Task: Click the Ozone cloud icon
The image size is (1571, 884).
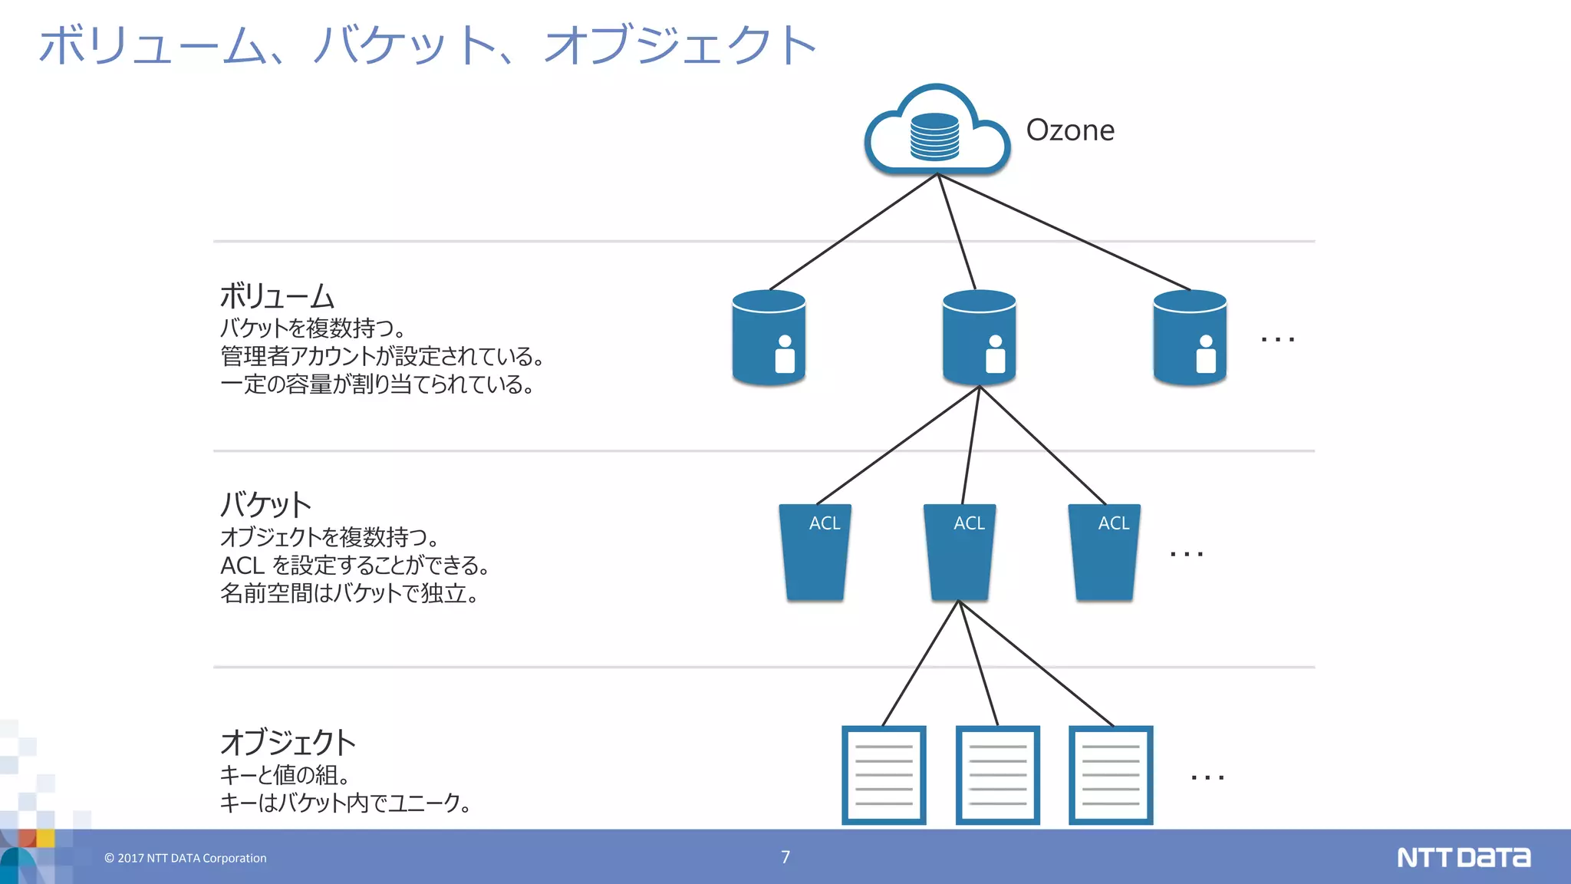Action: click(937, 130)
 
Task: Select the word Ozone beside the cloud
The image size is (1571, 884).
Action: click(1070, 130)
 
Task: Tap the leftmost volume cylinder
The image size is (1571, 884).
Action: click(769, 337)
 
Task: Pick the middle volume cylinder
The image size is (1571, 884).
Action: click(979, 337)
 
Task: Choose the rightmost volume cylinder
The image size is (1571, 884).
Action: click(1190, 337)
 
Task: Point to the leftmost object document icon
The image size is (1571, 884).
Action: click(884, 775)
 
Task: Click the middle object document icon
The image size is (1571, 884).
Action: click(997, 775)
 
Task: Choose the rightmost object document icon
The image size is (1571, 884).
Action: click(1111, 775)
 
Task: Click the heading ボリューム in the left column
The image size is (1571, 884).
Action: click(277, 296)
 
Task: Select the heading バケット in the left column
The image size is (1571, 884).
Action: click(265, 505)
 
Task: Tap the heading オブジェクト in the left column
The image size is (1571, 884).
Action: click(288, 743)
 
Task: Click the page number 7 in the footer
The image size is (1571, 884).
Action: click(785, 857)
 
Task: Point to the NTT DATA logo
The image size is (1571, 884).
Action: click(1463, 857)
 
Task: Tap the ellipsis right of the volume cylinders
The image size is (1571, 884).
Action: click(1278, 338)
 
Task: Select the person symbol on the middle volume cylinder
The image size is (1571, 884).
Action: click(995, 354)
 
